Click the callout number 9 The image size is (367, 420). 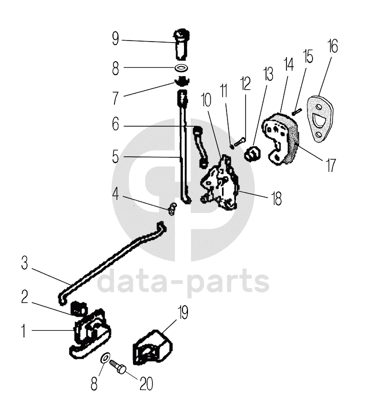115,39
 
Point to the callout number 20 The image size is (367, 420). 146,383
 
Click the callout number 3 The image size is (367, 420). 24,264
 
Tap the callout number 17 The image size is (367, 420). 330,164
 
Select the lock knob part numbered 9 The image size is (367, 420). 181,44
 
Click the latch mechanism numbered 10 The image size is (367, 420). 220,183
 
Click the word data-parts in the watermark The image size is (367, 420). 183,283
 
